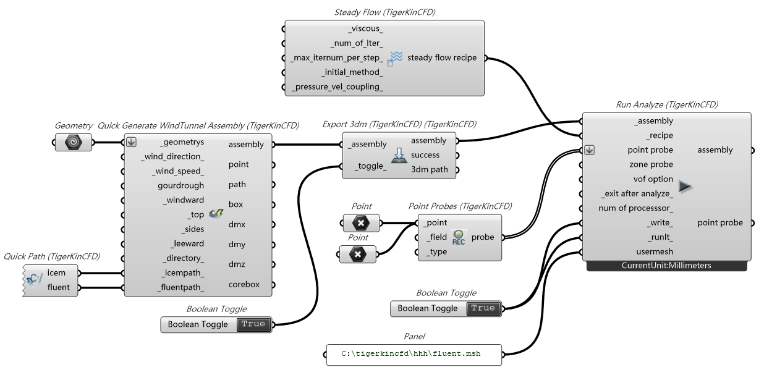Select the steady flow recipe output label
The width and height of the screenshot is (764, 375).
point(441,58)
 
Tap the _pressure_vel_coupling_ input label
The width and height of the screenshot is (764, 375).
point(337,87)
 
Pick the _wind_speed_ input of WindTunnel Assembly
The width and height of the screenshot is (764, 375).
point(174,171)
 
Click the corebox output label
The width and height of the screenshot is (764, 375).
point(244,285)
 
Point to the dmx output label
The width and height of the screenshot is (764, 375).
point(237,224)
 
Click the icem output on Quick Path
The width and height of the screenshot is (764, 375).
point(56,272)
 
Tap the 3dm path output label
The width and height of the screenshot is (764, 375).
point(430,170)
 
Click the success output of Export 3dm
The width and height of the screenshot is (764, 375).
point(425,155)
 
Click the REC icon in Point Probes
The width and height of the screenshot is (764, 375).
point(459,238)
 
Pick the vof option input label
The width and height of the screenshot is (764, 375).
point(651,179)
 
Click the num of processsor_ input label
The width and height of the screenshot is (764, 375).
point(635,208)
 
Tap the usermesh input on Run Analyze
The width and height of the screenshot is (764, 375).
point(655,251)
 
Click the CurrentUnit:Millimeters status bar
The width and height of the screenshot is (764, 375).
point(666,266)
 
